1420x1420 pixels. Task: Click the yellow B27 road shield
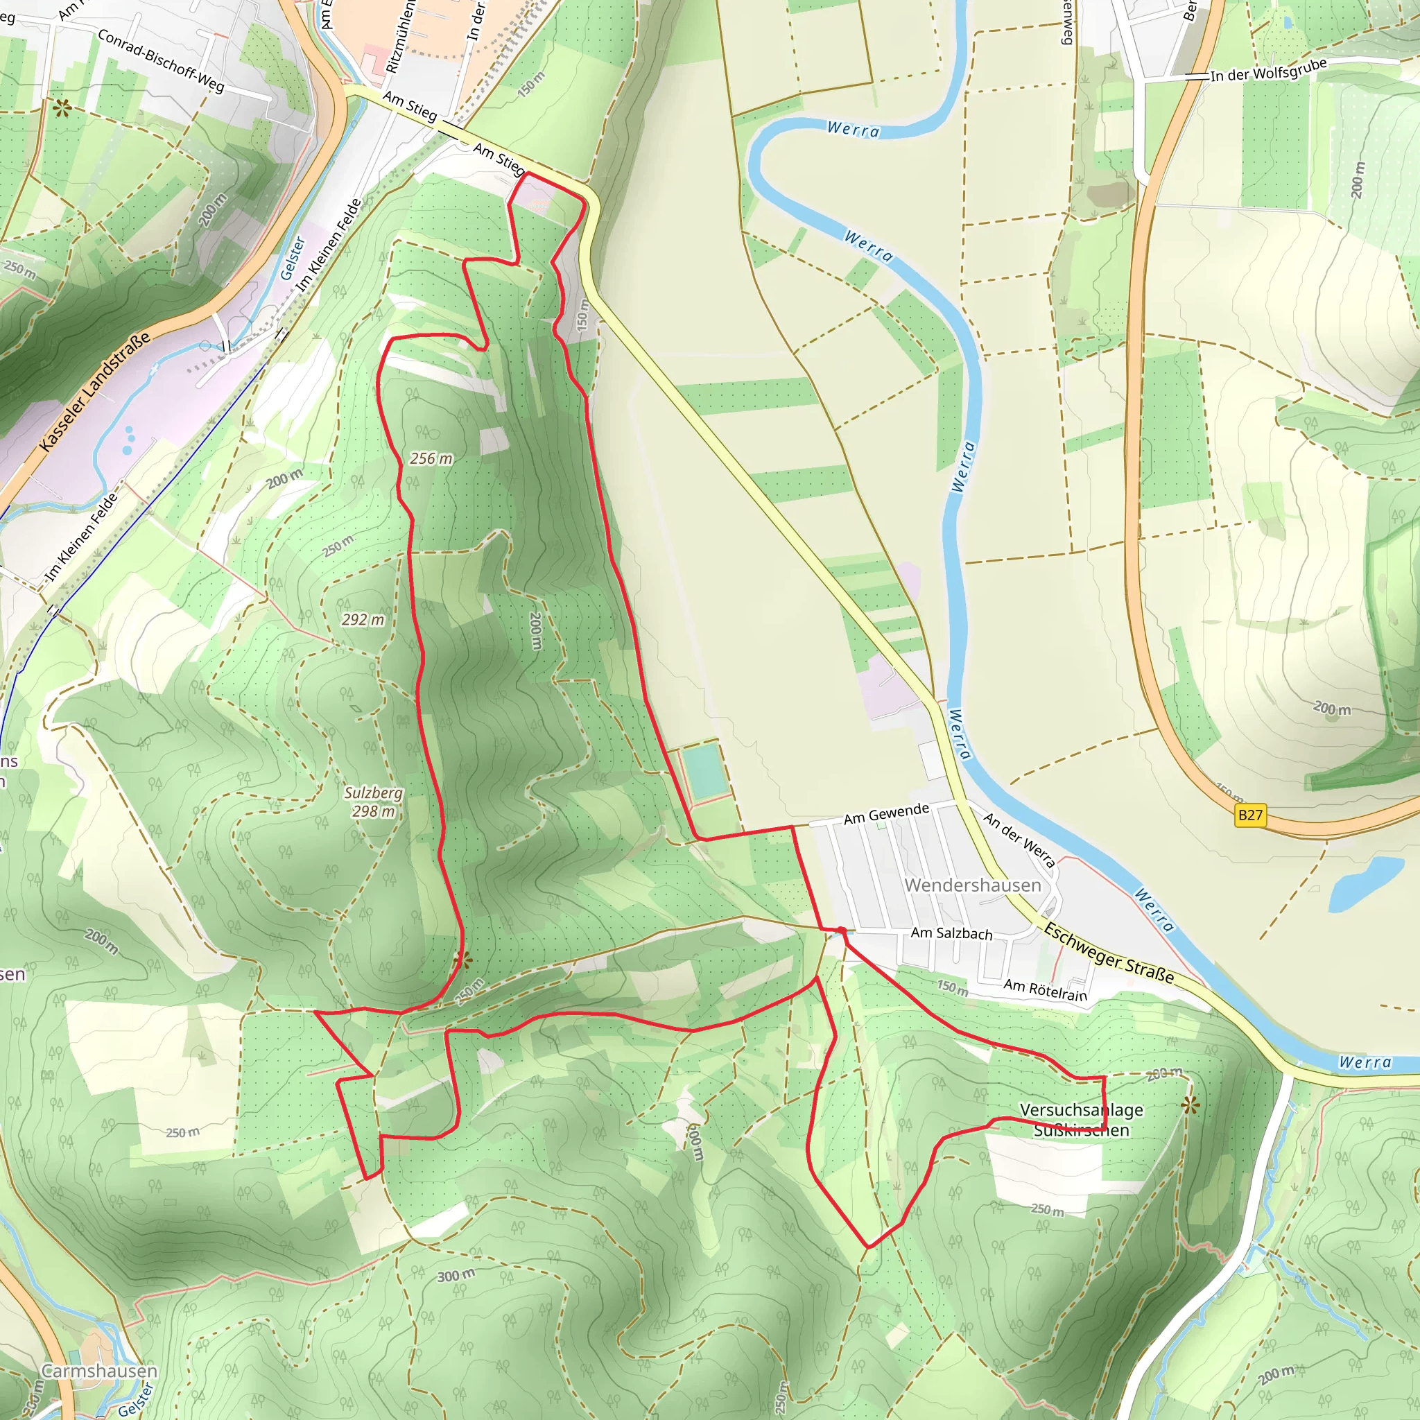[x=1249, y=815]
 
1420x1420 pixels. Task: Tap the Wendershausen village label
[x=972, y=885]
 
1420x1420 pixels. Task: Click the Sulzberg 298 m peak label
[x=374, y=802]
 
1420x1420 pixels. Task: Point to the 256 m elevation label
[x=431, y=458]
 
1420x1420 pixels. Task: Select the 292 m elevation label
[x=363, y=620]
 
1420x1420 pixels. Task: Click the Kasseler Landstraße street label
[x=95, y=391]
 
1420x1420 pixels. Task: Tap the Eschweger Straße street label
[x=1109, y=953]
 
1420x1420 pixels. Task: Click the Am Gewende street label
[x=885, y=813]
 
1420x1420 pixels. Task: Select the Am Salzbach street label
[x=951, y=933]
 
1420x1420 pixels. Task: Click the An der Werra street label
[x=1019, y=840]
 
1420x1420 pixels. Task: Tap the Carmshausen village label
[x=99, y=1371]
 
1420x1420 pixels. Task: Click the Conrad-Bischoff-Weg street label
[x=161, y=61]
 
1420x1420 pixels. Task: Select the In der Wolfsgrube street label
[x=1268, y=70]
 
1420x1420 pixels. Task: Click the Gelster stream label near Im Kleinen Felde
[x=293, y=258]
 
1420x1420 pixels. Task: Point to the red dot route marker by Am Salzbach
[x=841, y=930]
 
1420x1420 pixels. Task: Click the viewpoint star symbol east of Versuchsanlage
[x=1190, y=1105]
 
